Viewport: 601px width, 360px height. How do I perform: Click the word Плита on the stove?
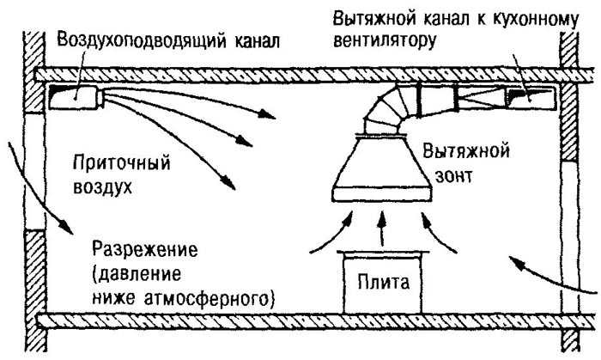[x=383, y=283]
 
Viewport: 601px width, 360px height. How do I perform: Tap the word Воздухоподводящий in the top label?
[x=141, y=40]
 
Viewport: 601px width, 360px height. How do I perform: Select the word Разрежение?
[x=145, y=250]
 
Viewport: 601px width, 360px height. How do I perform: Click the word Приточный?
[x=122, y=163]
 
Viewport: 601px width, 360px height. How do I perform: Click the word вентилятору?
[x=385, y=41]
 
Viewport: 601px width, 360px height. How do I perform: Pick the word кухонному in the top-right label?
[x=534, y=20]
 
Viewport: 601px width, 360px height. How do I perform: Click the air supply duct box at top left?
[x=76, y=97]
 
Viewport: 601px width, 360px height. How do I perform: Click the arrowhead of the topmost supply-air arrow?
[x=267, y=113]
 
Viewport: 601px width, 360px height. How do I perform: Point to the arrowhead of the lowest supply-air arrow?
[x=229, y=183]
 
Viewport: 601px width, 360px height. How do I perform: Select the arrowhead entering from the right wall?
[x=517, y=263]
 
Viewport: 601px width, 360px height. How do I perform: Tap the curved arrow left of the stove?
[x=334, y=235]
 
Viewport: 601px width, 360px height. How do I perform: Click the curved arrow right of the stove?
[x=436, y=234]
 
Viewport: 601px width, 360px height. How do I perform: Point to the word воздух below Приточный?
[x=102, y=187]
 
